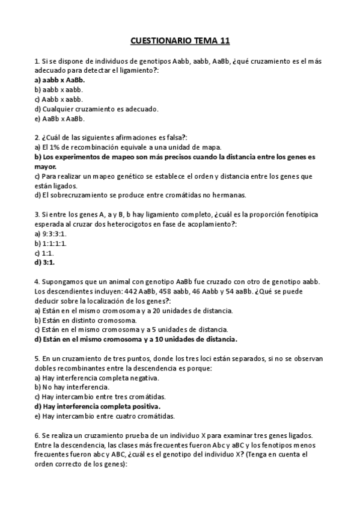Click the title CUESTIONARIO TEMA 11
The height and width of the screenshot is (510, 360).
[x=180, y=41]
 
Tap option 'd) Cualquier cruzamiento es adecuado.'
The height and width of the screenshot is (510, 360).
[x=88, y=108]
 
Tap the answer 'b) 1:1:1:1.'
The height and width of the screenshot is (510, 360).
[x=50, y=243]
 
